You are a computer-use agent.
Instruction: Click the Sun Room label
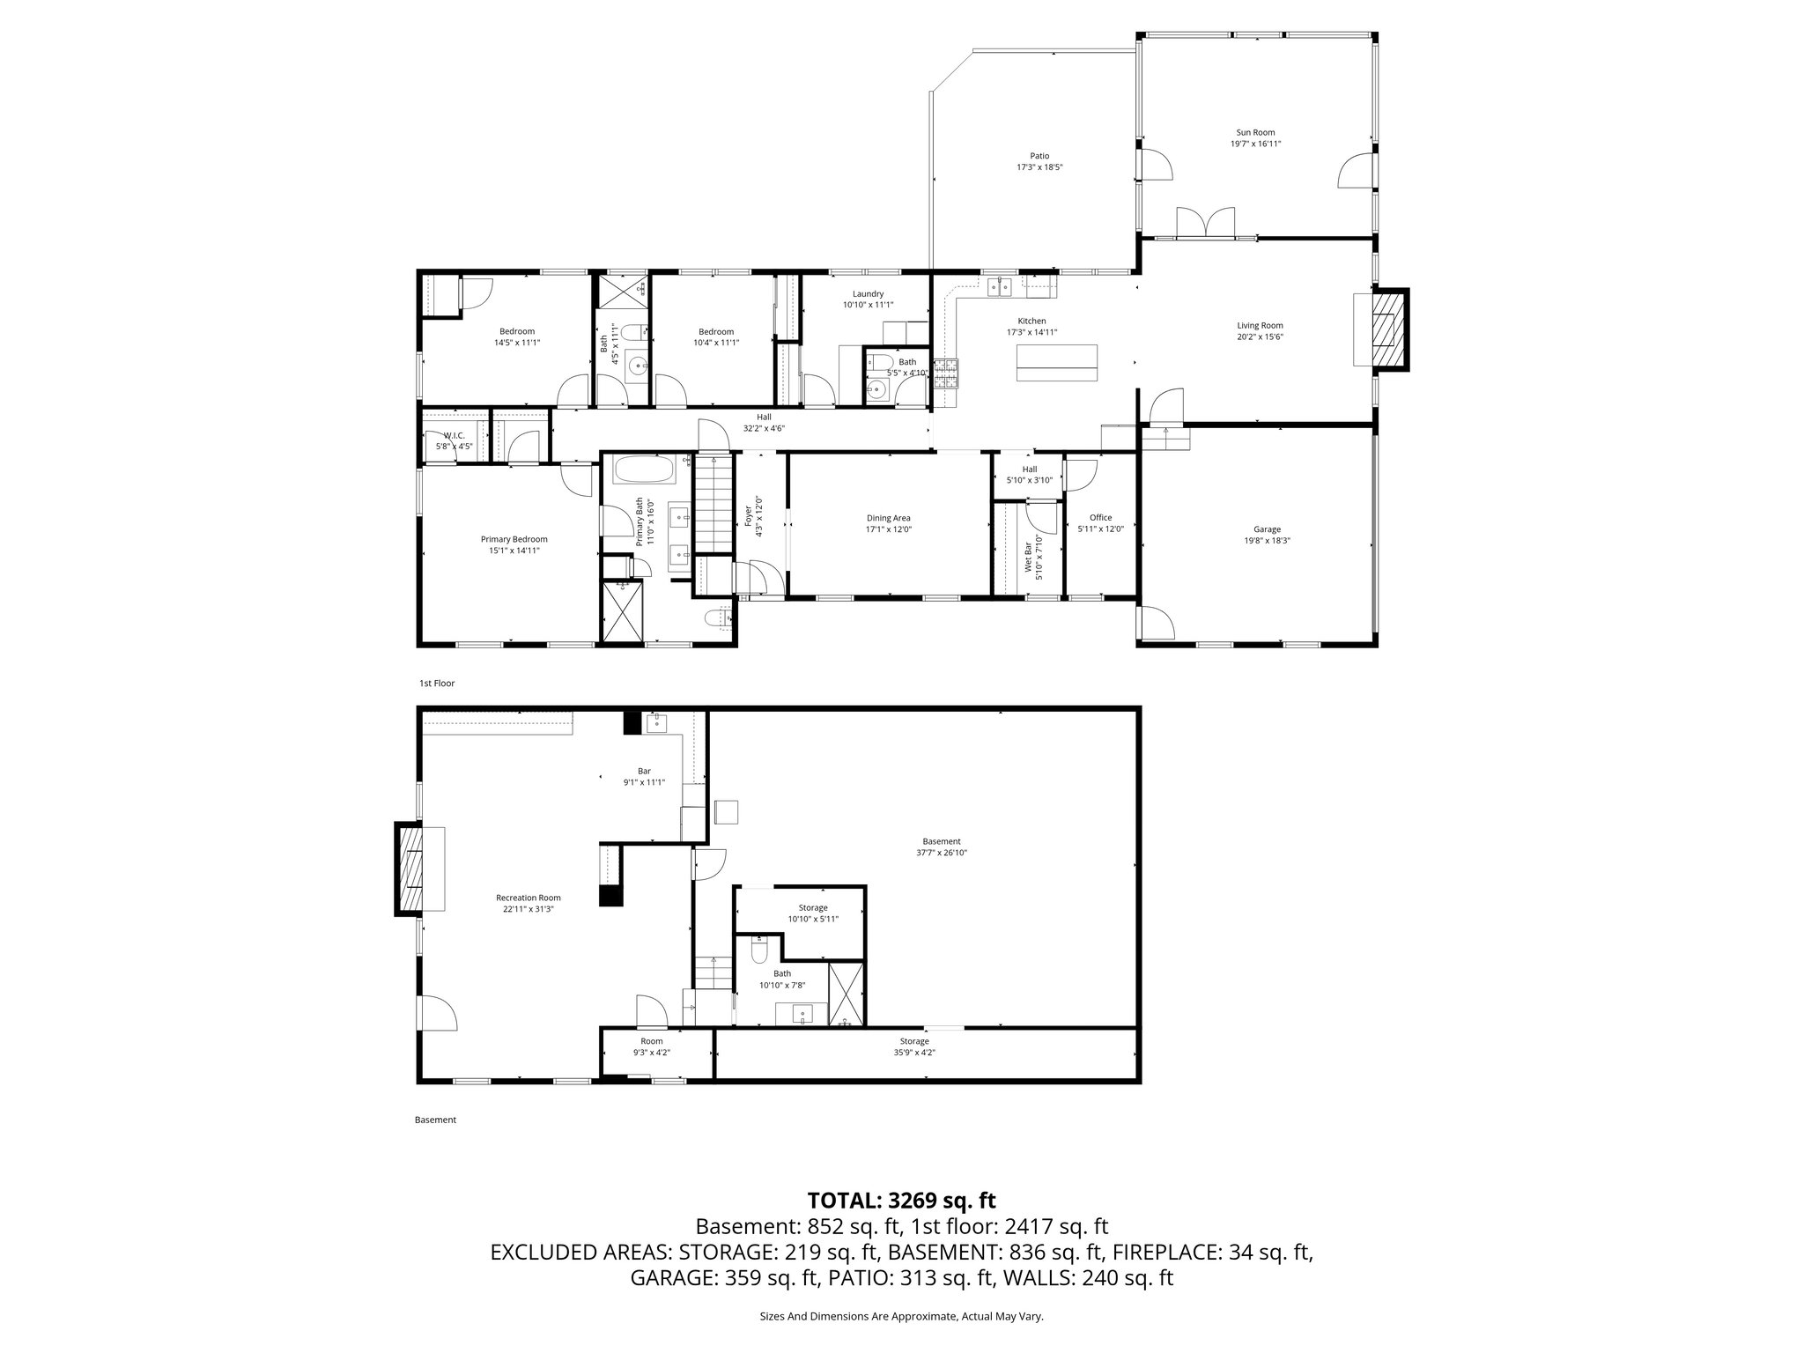1255,132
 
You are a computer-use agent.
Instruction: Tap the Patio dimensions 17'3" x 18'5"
1040,167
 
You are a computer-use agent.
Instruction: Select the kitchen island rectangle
1057,362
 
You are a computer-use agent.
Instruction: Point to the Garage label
1267,529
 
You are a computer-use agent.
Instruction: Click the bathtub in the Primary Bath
644,469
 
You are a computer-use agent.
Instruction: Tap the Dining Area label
888,518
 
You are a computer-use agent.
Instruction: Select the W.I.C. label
454,435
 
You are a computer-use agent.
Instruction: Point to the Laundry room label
868,294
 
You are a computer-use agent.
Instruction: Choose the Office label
1100,518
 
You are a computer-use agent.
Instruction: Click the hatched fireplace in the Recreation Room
410,870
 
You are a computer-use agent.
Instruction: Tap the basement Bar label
644,771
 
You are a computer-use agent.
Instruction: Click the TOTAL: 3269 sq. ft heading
901,1200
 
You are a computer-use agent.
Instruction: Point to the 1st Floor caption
436,683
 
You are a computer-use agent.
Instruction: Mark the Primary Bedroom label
514,539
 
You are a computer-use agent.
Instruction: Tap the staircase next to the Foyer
713,503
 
